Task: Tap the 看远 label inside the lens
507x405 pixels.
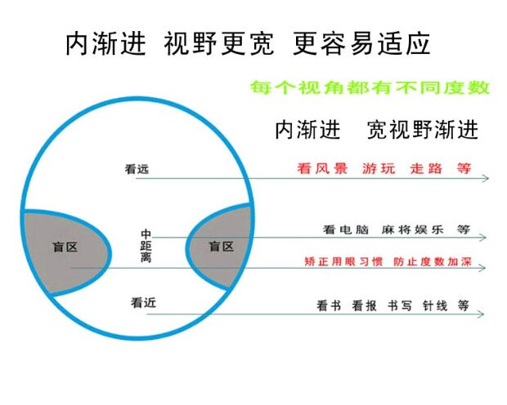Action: (137, 170)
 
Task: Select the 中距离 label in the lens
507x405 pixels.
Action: (146, 246)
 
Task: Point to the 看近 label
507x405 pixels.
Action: (143, 302)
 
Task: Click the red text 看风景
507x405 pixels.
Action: (322, 169)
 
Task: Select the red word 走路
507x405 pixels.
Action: (426, 169)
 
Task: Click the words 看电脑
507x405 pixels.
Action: (343, 230)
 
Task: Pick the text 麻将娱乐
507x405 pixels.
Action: (412, 230)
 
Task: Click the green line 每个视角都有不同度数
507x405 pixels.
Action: (369, 87)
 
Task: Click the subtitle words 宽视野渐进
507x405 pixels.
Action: (423, 130)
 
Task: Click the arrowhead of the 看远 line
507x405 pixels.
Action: (485, 178)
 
